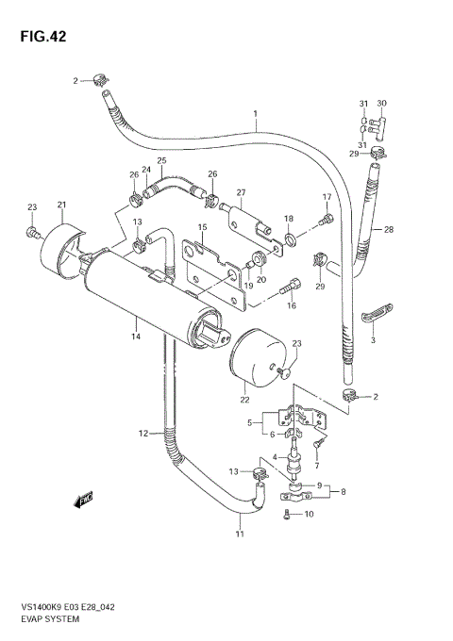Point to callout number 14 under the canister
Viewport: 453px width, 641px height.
136,337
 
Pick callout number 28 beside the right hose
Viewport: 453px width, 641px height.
388,229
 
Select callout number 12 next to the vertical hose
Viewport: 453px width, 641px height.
142,435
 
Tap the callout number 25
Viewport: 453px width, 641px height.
161,161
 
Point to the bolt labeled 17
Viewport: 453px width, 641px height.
327,220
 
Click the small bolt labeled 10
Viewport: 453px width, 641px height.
287,514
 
